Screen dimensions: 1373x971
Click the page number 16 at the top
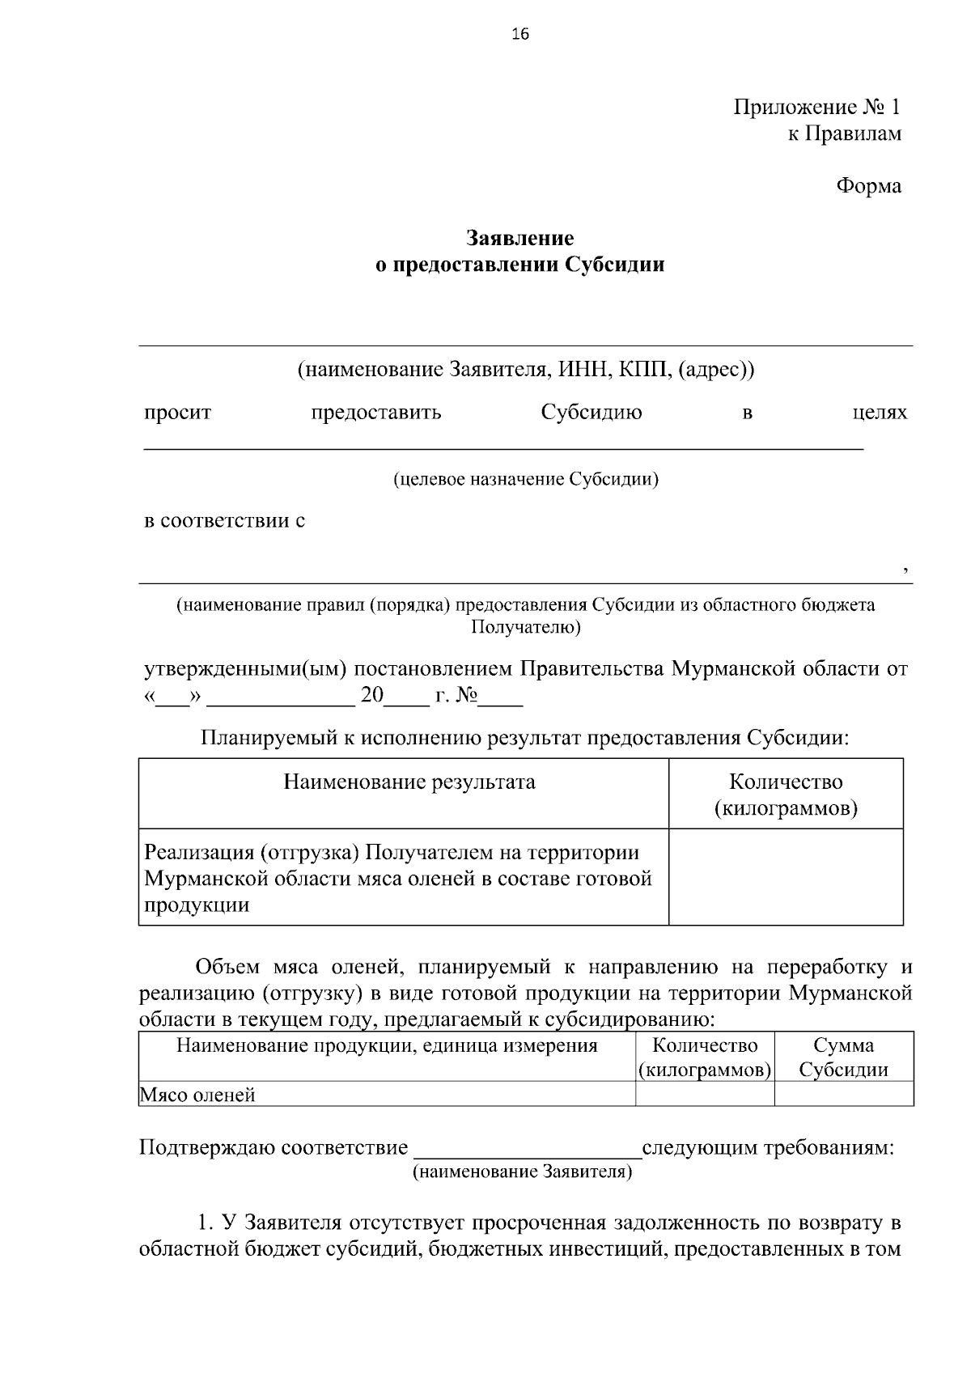coord(520,34)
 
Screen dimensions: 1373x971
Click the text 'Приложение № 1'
coord(816,107)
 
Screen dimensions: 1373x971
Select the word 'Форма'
coord(868,186)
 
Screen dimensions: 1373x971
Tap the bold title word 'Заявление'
coord(519,239)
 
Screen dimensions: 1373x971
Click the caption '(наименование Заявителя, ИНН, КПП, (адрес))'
coord(526,370)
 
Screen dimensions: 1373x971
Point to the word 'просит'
coord(177,413)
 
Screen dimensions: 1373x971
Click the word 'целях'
coord(880,413)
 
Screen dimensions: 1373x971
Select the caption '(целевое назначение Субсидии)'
coord(526,480)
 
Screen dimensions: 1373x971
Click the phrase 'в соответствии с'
coord(224,520)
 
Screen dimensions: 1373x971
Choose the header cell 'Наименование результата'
coord(409,782)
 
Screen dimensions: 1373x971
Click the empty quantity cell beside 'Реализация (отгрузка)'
coord(785,877)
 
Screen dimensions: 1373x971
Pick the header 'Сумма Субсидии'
coord(844,1057)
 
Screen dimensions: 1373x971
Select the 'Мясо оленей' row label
coord(198,1095)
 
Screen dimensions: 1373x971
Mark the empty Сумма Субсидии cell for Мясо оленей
coord(844,1095)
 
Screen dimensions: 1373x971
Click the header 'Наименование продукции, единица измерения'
coord(387,1046)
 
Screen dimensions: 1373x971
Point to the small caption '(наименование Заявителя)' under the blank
coord(523,1172)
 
